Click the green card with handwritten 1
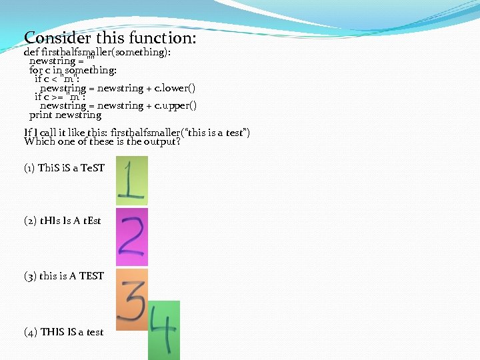pos(131,180)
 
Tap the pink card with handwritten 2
pos(131,237)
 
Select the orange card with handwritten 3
pos(131,299)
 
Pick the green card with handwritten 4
pos(163,330)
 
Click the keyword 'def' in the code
pos(31,52)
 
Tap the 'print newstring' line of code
pos(65,115)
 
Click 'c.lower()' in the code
pos(175,88)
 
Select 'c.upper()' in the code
pos(175,105)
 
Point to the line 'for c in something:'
pos(73,70)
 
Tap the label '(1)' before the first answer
pos(29,168)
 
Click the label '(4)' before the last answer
pos(30,332)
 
